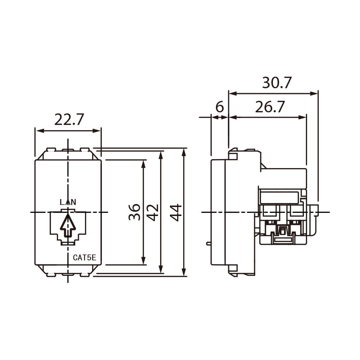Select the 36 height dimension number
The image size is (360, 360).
134,212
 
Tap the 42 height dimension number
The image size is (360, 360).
153,212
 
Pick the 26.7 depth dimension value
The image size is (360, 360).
270,107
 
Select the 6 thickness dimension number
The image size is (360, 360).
220,107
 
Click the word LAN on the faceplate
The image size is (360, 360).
68,202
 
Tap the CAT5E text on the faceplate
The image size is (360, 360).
85,258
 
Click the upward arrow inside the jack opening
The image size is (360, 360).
68,225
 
